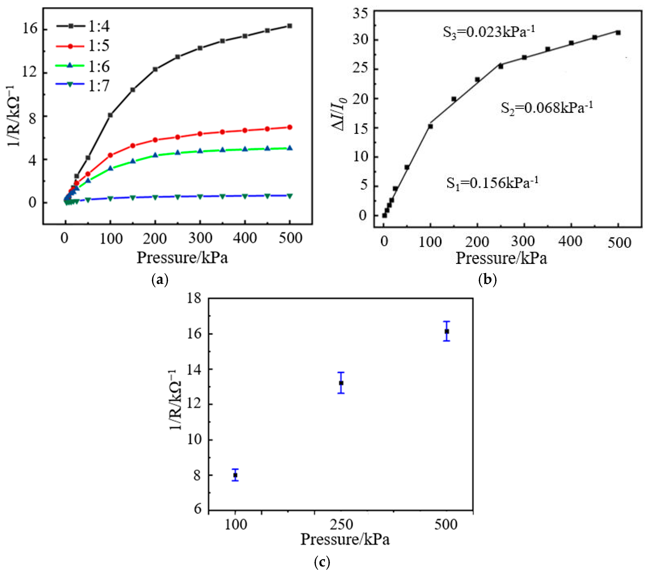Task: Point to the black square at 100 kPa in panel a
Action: (110, 115)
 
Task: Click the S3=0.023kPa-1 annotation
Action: (488, 32)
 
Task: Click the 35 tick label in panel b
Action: (361, 14)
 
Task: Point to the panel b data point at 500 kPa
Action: (618, 33)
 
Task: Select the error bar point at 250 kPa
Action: (341, 383)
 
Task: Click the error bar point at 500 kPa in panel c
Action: (447, 331)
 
